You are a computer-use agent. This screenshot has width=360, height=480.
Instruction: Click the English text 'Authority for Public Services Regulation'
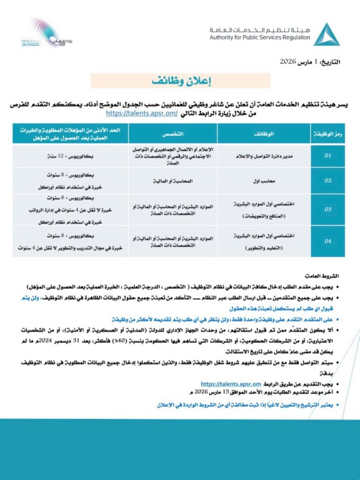coord(260,37)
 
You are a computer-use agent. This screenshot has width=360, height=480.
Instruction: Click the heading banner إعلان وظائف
coord(180,80)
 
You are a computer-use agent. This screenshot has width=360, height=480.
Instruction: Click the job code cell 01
coord(328,156)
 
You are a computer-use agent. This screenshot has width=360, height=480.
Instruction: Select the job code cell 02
coord(328,180)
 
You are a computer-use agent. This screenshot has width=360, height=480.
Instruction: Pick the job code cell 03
coord(328,209)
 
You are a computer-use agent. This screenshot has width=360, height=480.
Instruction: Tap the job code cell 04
coord(328,241)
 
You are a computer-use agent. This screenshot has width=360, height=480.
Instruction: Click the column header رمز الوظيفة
coord(328,134)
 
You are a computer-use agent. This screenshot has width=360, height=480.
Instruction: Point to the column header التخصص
coord(172,134)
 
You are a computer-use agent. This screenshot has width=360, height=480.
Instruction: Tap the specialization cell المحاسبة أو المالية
coord(172,180)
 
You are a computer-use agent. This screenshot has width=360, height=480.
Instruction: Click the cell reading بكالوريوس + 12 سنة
coord(70,156)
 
